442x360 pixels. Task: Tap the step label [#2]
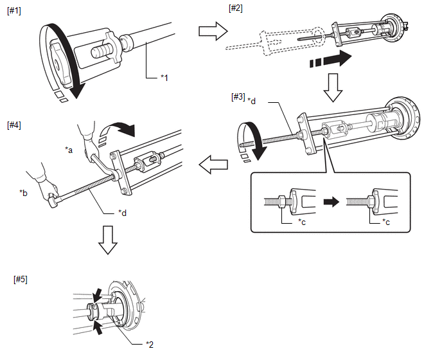point(235,8)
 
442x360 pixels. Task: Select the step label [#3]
point(237,96)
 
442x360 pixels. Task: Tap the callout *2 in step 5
point(150,344)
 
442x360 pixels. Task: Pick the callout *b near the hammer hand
point(24,192)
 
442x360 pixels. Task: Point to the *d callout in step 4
point(122,212)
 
